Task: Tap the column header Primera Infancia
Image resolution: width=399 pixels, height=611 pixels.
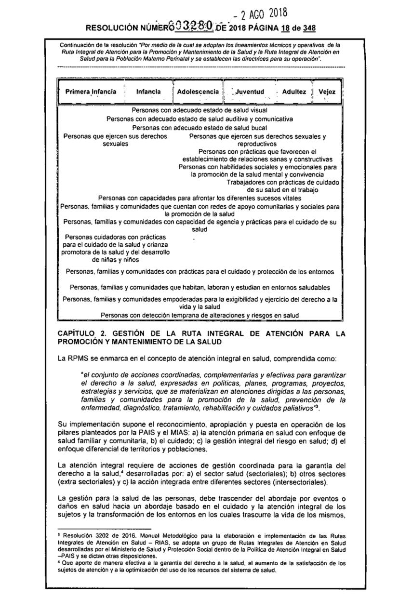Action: pos(88,91)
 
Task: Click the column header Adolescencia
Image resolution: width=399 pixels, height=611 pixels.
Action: pos(198,91)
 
